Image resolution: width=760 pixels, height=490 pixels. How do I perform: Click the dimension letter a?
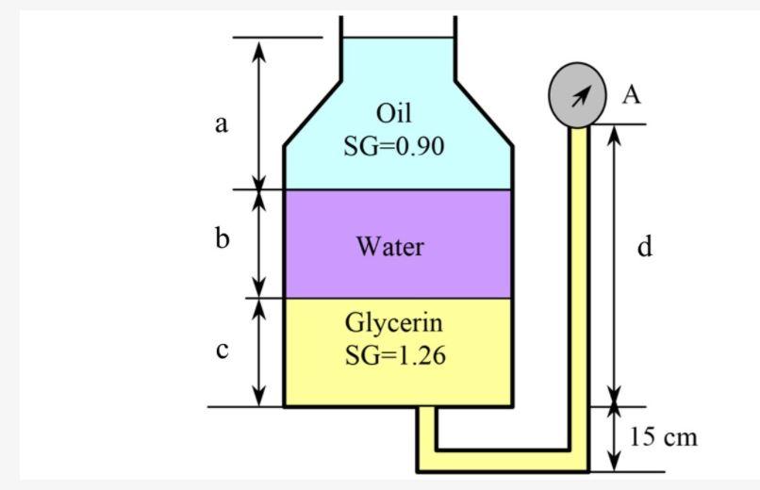[222, 123]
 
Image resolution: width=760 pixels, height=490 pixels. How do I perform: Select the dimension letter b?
[222, 239]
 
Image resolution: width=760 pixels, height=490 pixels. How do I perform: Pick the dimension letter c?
[222, 351]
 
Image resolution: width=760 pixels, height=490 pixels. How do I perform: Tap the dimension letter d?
[644, 247]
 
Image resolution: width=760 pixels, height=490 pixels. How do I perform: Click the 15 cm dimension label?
[664, 436]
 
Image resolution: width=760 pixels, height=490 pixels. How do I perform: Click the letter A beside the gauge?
[631, 93]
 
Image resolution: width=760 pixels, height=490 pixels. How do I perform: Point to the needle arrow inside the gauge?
[581, 93]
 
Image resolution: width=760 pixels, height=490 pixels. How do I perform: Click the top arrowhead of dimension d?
[614, 133]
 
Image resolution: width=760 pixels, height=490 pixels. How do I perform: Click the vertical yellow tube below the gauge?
[578, 283]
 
